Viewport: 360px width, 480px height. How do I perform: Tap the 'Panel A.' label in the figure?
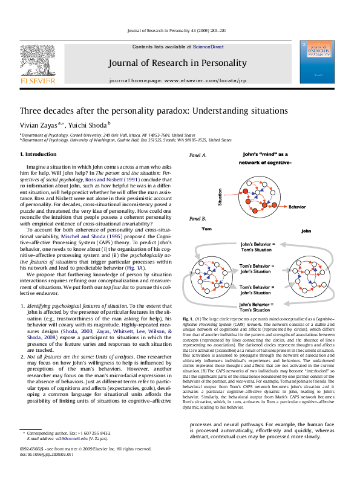click(x=198, y=155)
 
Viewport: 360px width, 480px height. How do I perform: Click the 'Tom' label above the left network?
click(x=206, y=230)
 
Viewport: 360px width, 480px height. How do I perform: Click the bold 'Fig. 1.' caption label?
click(x=188, y=317)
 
